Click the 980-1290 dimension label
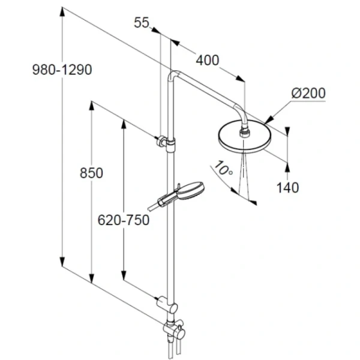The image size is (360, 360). (62, 70)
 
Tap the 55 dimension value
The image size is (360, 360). (142, 23)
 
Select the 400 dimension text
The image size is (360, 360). (208, 61)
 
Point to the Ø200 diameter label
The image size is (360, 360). (308, 93)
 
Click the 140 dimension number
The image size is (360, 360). (287, 188)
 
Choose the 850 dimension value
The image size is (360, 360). (91, 173)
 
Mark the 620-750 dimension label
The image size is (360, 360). (124, 220)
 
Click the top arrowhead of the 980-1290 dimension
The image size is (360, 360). (62, 12)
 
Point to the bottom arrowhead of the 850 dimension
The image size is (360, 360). (92, 278)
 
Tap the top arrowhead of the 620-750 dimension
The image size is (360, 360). (124, 124)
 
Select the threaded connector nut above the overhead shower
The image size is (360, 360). (243, 133)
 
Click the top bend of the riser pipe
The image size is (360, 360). (175, 74)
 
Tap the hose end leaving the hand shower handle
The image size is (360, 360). (152, 206)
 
